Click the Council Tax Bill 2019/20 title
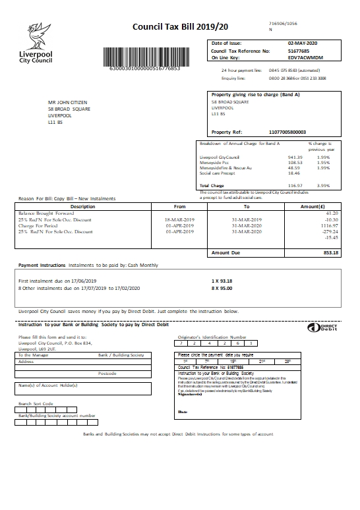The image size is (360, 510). (x=171, y=27)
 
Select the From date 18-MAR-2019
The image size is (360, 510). (x=179, y=219)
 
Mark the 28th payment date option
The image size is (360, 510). (x=287, y=362)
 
